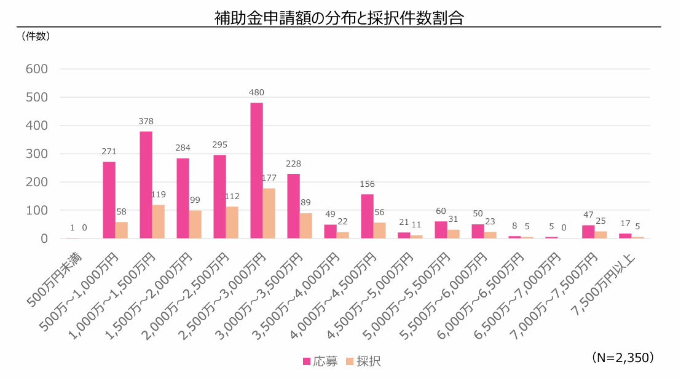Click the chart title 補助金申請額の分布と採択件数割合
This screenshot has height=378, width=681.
point(339,18)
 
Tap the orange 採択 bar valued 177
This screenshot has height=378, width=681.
point(269,213)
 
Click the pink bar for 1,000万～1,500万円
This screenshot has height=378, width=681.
point(146,184)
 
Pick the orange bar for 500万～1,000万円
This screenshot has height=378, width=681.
point(121,230)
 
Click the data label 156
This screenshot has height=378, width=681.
point(367,184)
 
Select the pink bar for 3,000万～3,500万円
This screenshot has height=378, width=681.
point(293,206)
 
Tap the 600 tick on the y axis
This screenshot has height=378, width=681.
point(37,69)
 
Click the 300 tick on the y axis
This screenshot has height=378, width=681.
point(37,154)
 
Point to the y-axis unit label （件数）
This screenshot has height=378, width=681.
point(36,36)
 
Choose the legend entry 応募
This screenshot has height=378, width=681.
point(320,361)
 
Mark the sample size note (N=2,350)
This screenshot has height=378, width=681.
point(623,357)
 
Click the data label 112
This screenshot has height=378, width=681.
point(232,197)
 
